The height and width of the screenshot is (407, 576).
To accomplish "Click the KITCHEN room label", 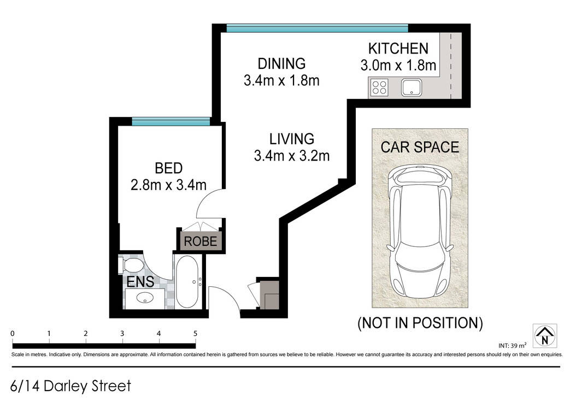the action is point(398,49).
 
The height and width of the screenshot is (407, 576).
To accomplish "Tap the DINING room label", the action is point(281,63).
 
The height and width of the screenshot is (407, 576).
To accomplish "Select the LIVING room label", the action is point(292,139).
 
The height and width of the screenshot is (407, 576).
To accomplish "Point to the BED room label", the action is point(169,168).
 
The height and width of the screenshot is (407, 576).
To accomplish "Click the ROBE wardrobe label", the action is point(201,241).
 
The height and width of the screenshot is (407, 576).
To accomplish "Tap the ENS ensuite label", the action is point(140,282).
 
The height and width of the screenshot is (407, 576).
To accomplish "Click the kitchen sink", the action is point(412,87).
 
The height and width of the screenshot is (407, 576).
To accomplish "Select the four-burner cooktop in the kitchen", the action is point(379,87).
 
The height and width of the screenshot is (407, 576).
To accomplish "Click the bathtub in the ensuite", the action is point(187,281).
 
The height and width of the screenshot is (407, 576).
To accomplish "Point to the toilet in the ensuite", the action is point(131,265).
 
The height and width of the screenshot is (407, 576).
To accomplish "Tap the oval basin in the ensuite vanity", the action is point(145,298).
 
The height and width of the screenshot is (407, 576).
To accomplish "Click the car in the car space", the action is point(420,232).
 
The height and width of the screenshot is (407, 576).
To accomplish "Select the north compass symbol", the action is point(545,336).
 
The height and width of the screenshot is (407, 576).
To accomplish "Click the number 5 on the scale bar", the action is point(196,334).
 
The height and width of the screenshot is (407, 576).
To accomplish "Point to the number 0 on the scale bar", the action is point(13,334).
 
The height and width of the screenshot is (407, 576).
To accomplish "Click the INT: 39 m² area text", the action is point(513,346).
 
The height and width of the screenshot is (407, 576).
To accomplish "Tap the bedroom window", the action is point(171,122).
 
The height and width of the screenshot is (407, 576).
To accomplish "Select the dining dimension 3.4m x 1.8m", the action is point(281,80).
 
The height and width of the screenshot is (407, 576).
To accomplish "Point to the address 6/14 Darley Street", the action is point(70,386).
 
